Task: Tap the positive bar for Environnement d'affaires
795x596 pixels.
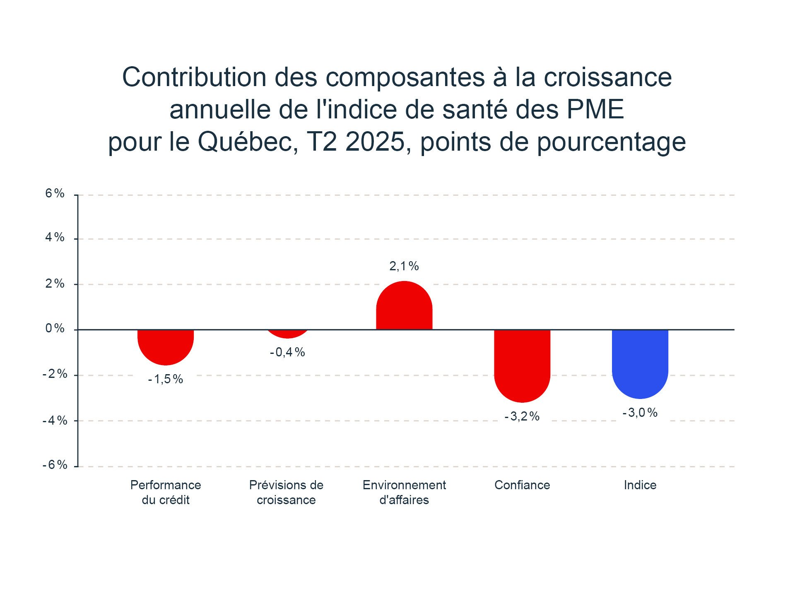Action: coord(404,306)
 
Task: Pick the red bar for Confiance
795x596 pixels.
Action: coord(522,364)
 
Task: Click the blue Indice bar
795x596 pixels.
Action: coord(640,363)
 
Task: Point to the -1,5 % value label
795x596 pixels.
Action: coord(166,379)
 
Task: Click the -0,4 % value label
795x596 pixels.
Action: coord(287,352)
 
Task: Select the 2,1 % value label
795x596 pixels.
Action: coord(404,266)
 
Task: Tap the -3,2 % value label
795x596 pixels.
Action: coord(522,416)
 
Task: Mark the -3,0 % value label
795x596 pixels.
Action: coord(640,413)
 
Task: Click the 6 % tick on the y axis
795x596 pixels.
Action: coord(55,193)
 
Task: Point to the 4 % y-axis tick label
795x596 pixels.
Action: coord(55,237)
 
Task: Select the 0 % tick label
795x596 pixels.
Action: coord(55,329)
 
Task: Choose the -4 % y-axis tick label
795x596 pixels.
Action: coord(55,421)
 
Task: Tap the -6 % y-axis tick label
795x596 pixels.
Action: coord(55,465)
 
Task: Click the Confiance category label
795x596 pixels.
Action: coord(522,485)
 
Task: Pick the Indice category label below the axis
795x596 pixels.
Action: coord(640,485)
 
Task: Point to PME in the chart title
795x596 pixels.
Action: coord(595,110)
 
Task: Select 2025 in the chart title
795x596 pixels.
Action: coord(375,142)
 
